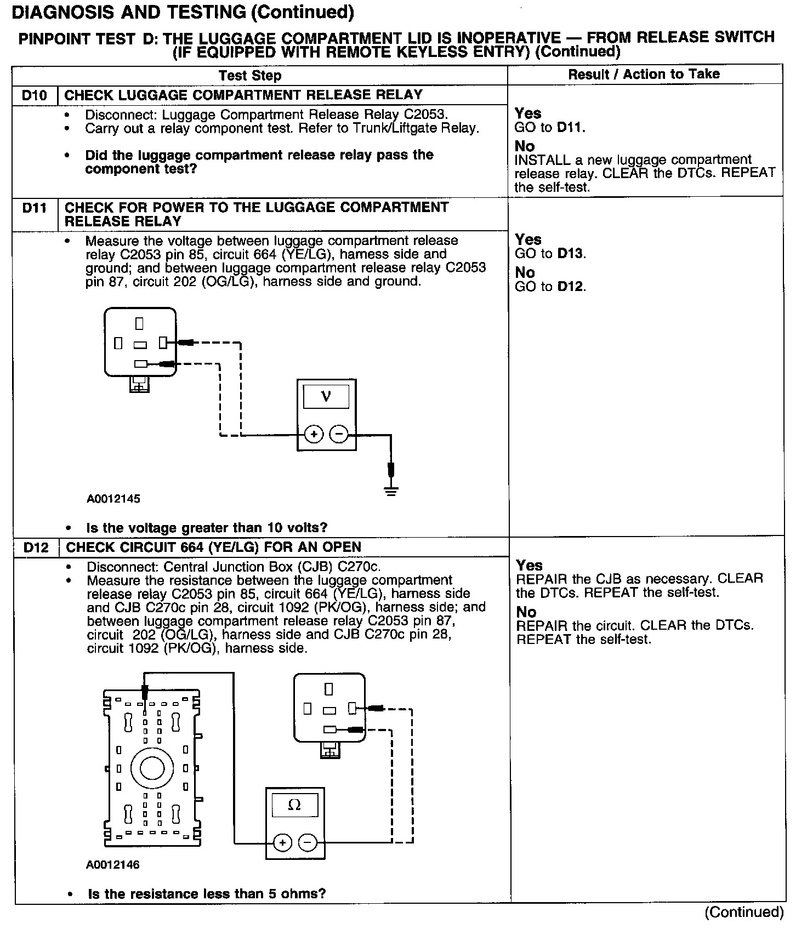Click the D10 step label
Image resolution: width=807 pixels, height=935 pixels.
tap(35, 95)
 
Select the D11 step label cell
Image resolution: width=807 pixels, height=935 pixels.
tap(35, 208)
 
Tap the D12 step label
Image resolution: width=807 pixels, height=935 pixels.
tap(36, 548)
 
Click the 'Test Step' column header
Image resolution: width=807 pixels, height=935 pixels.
tap(250, 76)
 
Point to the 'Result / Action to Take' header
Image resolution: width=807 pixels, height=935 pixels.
tap(644, 75)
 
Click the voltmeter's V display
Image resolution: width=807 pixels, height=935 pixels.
tap(326, 396)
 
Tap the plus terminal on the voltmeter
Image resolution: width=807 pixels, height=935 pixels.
tap(314, 435)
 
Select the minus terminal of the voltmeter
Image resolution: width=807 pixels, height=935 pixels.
tap(339, 435)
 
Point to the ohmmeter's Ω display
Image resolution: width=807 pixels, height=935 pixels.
tap(295, 805)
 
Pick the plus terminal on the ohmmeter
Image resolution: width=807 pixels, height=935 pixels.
tap(282, 842)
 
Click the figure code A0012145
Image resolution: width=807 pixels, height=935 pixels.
tap(113, 499)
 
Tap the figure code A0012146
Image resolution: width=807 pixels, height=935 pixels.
tap(113, 865)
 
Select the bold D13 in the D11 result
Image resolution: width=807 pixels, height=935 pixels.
tap(571, 254)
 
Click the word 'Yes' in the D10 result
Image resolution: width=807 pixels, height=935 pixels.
tap(528, 113)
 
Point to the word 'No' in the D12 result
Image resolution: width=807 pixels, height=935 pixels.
tap(526, 612)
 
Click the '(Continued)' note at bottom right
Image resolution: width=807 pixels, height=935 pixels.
tap(744, 912)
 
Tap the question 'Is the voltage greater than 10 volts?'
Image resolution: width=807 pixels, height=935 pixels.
tap(207, 528)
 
